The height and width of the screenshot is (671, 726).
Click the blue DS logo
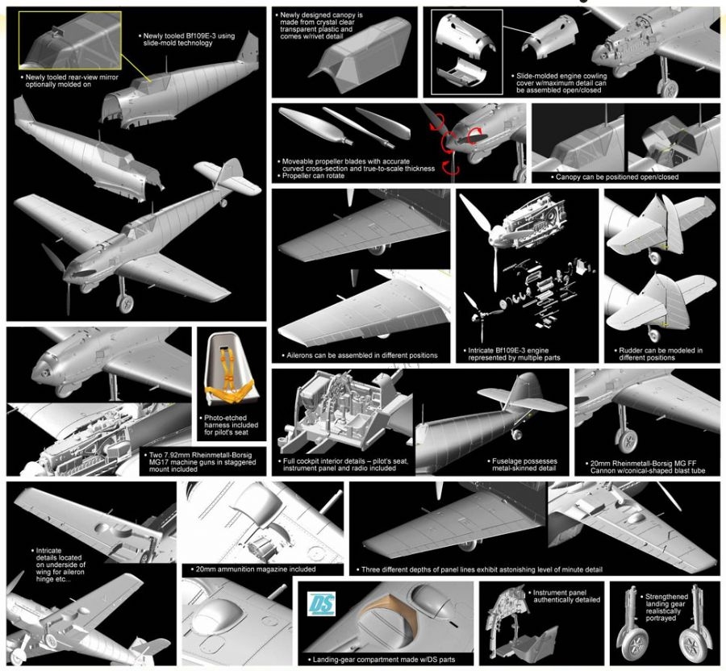(x=322, y=604)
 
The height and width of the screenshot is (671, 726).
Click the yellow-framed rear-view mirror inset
(x=70, y=40)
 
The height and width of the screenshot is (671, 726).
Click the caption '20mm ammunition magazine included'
(x=255, y=569)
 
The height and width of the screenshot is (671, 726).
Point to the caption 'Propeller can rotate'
(x=313, y=176)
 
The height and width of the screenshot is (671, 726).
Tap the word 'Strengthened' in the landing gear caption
(x=667, y=597)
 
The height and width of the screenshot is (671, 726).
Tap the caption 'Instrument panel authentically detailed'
(x=564, y=596)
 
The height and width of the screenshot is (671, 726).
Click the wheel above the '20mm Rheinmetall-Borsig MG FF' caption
(x=627, y=441)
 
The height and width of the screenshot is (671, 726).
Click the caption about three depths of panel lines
(x=479, y=569)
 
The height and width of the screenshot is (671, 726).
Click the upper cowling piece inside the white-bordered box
(x=465, y=34)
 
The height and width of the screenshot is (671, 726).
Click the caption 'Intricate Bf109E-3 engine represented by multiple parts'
(x=511, y=354)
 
